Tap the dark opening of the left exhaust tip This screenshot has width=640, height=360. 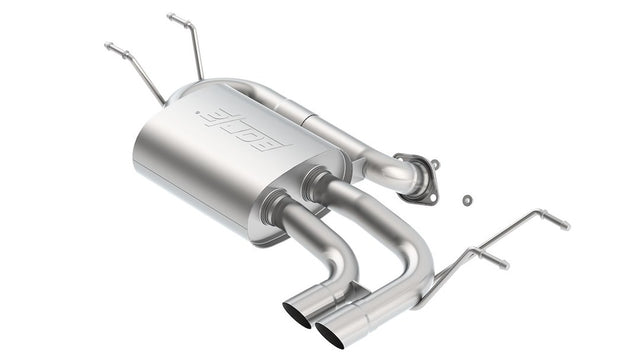(x=298, y=312)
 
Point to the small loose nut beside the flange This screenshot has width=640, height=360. (x=467, y=200)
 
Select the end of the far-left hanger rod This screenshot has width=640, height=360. (x=110, y=46)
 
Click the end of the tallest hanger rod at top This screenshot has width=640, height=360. (x=172, y=17)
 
